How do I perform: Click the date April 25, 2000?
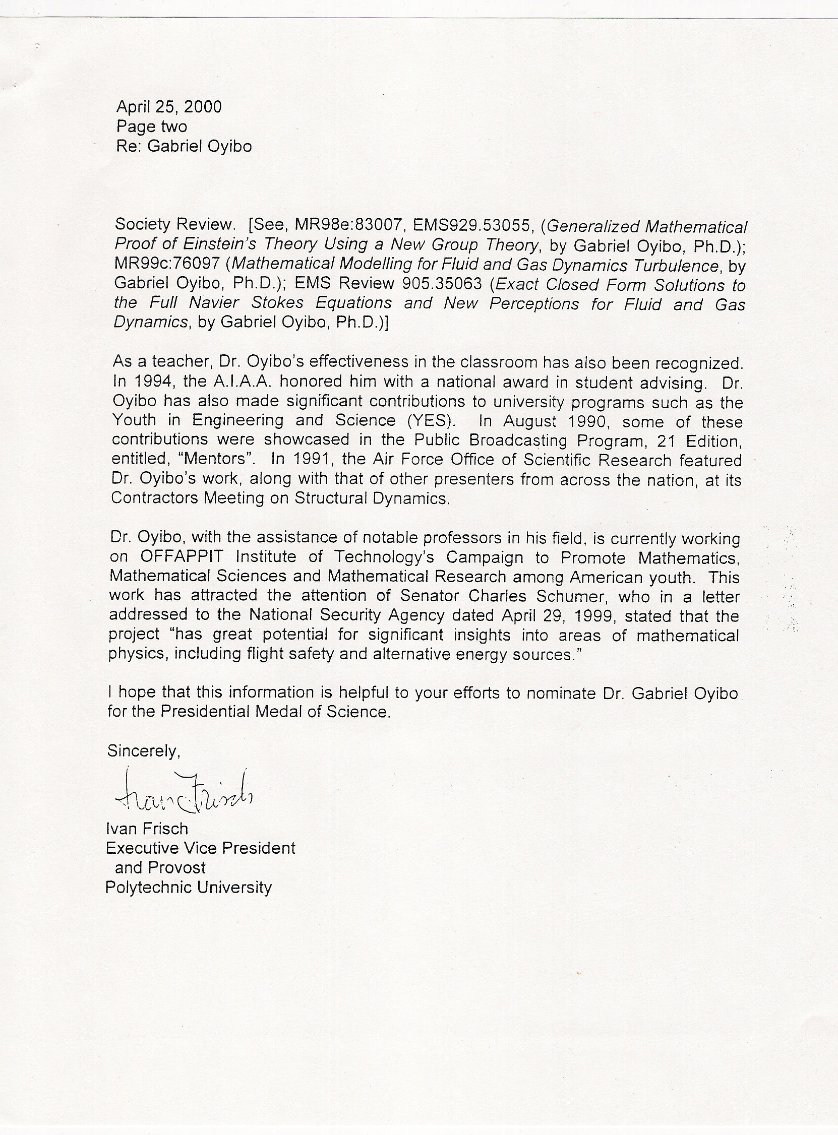point(169,106)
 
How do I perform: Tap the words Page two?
point(152,126)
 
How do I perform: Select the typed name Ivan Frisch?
point(147,828)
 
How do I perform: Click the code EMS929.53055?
point(475,225)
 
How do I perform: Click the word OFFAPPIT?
point(181,556)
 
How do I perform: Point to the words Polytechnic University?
point(189,887)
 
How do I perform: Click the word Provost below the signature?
point(176,867)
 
